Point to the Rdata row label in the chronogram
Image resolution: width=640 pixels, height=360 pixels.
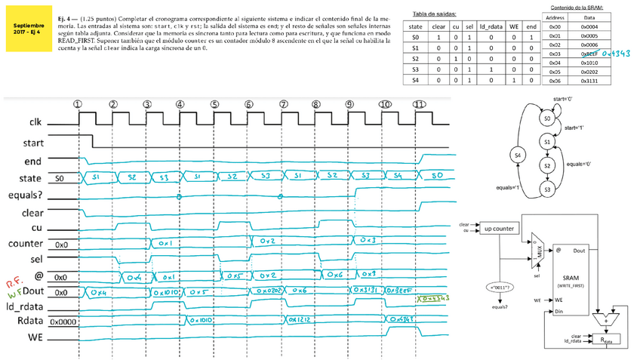(29, 319)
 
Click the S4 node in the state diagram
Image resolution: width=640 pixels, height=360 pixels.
(518, 155)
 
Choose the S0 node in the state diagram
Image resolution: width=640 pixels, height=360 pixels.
(549, 118)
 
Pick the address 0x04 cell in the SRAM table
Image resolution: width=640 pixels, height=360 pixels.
(555, 63)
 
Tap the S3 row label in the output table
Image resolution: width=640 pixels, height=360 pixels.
(414, 68)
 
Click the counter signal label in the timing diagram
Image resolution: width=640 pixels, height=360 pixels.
(26, 244)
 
